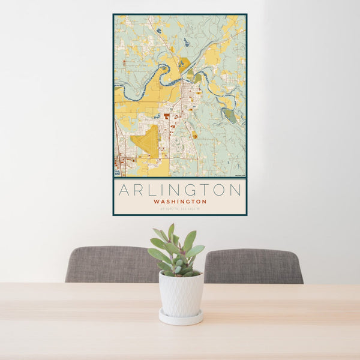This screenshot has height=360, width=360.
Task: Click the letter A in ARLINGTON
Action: (x=124, y=190)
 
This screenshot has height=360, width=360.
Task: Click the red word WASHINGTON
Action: (x=180, y=202)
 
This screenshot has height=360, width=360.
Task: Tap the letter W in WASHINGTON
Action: (x=156, y=202)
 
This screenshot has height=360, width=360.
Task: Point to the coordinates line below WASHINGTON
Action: (x=180, y=209)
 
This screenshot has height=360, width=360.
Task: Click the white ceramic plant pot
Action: (x=181, y=293)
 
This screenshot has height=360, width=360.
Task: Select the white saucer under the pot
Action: (x=181, y=317)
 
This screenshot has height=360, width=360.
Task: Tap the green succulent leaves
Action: (x=177, y=252)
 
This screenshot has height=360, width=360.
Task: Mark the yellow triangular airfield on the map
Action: (x=146, y=143)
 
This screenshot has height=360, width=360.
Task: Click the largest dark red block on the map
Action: (x=166, y=115)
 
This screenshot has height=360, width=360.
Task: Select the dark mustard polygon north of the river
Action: (x=184, y=63)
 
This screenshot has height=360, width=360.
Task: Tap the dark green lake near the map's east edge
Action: (x=230, y=115)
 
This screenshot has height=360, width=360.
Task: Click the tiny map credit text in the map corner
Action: (x=239, y=175)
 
